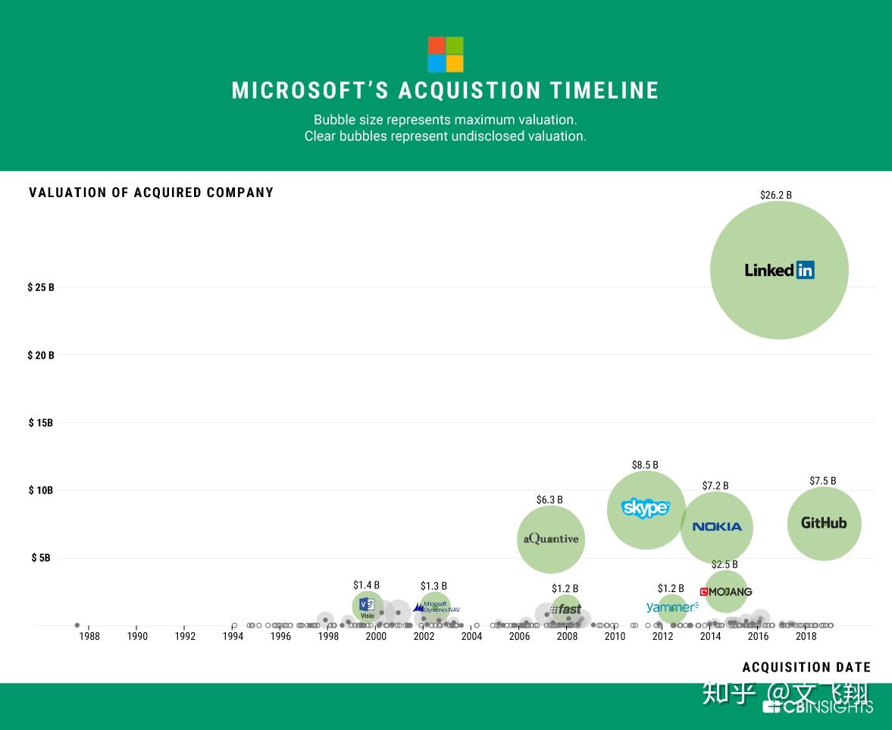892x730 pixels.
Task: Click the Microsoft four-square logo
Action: point(445,54)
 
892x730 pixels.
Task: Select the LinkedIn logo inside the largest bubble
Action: point(779,270)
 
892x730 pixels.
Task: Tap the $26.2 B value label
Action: point(775,195)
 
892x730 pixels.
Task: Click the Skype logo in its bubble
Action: point(646,507)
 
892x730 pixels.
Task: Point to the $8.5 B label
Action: point(645,465)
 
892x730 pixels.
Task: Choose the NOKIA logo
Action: point(717,527)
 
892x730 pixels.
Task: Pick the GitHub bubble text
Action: point(824,523)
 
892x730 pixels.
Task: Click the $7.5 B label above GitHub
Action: point(822,481)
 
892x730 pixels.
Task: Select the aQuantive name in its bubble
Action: point(551,539)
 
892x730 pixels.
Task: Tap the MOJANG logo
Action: point(726,592)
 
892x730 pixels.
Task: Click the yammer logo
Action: point(672,607)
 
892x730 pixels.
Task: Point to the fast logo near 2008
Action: point(566,609)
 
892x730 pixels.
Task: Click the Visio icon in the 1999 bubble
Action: point(367,606)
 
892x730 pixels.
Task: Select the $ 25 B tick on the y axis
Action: point(41,287)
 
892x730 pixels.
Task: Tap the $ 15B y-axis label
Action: point(41,423)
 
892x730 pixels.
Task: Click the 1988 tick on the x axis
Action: point(89,637)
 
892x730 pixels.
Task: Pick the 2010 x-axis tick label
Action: point(615,637)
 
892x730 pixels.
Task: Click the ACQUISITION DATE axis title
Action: point(806,667)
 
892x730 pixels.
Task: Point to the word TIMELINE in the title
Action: point(605,91)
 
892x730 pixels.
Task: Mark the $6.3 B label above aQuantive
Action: point(549,500)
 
